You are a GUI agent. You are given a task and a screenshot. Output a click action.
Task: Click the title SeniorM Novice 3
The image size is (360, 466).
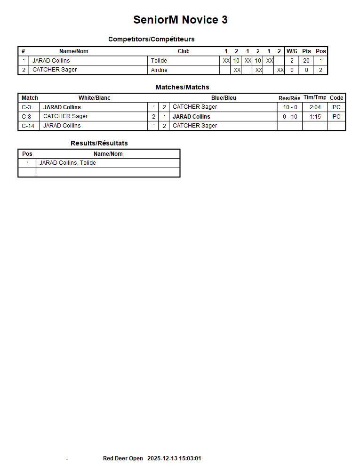click(180, 20)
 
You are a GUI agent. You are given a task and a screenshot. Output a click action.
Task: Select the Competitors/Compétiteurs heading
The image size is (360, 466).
click(151, 39)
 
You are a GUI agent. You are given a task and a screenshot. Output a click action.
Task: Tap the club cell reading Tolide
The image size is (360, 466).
click(159, 61)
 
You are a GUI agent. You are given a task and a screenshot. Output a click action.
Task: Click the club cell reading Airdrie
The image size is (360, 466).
click(159, 70)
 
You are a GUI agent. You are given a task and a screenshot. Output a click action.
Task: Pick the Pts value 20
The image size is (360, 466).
click(306, 61)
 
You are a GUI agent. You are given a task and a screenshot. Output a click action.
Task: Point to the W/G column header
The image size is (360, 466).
click(292, 51)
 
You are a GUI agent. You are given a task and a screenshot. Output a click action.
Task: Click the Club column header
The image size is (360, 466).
click(184, 51)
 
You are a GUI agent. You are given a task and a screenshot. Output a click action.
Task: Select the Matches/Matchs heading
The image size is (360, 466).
click(182, 87)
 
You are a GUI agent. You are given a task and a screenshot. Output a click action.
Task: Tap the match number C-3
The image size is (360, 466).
click(26, 107)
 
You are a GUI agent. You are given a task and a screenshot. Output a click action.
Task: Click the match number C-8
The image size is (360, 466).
click(26, 116)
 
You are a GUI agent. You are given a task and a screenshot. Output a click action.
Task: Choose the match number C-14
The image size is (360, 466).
click(28, 126)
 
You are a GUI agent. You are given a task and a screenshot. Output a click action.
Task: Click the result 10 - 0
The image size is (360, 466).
click(290, 107)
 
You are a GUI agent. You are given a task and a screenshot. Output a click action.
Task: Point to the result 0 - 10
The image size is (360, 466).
click(290, 117)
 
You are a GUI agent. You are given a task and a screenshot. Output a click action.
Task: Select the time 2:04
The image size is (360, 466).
click(315, 107)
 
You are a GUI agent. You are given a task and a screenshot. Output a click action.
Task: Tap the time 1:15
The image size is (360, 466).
click(315, 117)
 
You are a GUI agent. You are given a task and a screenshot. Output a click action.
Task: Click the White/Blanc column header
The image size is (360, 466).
click(94, 98)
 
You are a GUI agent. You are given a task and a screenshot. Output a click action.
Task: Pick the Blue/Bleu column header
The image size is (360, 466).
click(224, 98)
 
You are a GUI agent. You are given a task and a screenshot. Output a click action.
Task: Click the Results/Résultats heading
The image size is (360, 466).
click(99, 143)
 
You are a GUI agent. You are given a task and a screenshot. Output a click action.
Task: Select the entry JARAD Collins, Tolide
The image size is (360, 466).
click(67, 163)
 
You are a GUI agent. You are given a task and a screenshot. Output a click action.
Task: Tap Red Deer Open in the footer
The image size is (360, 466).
click(123, 458)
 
